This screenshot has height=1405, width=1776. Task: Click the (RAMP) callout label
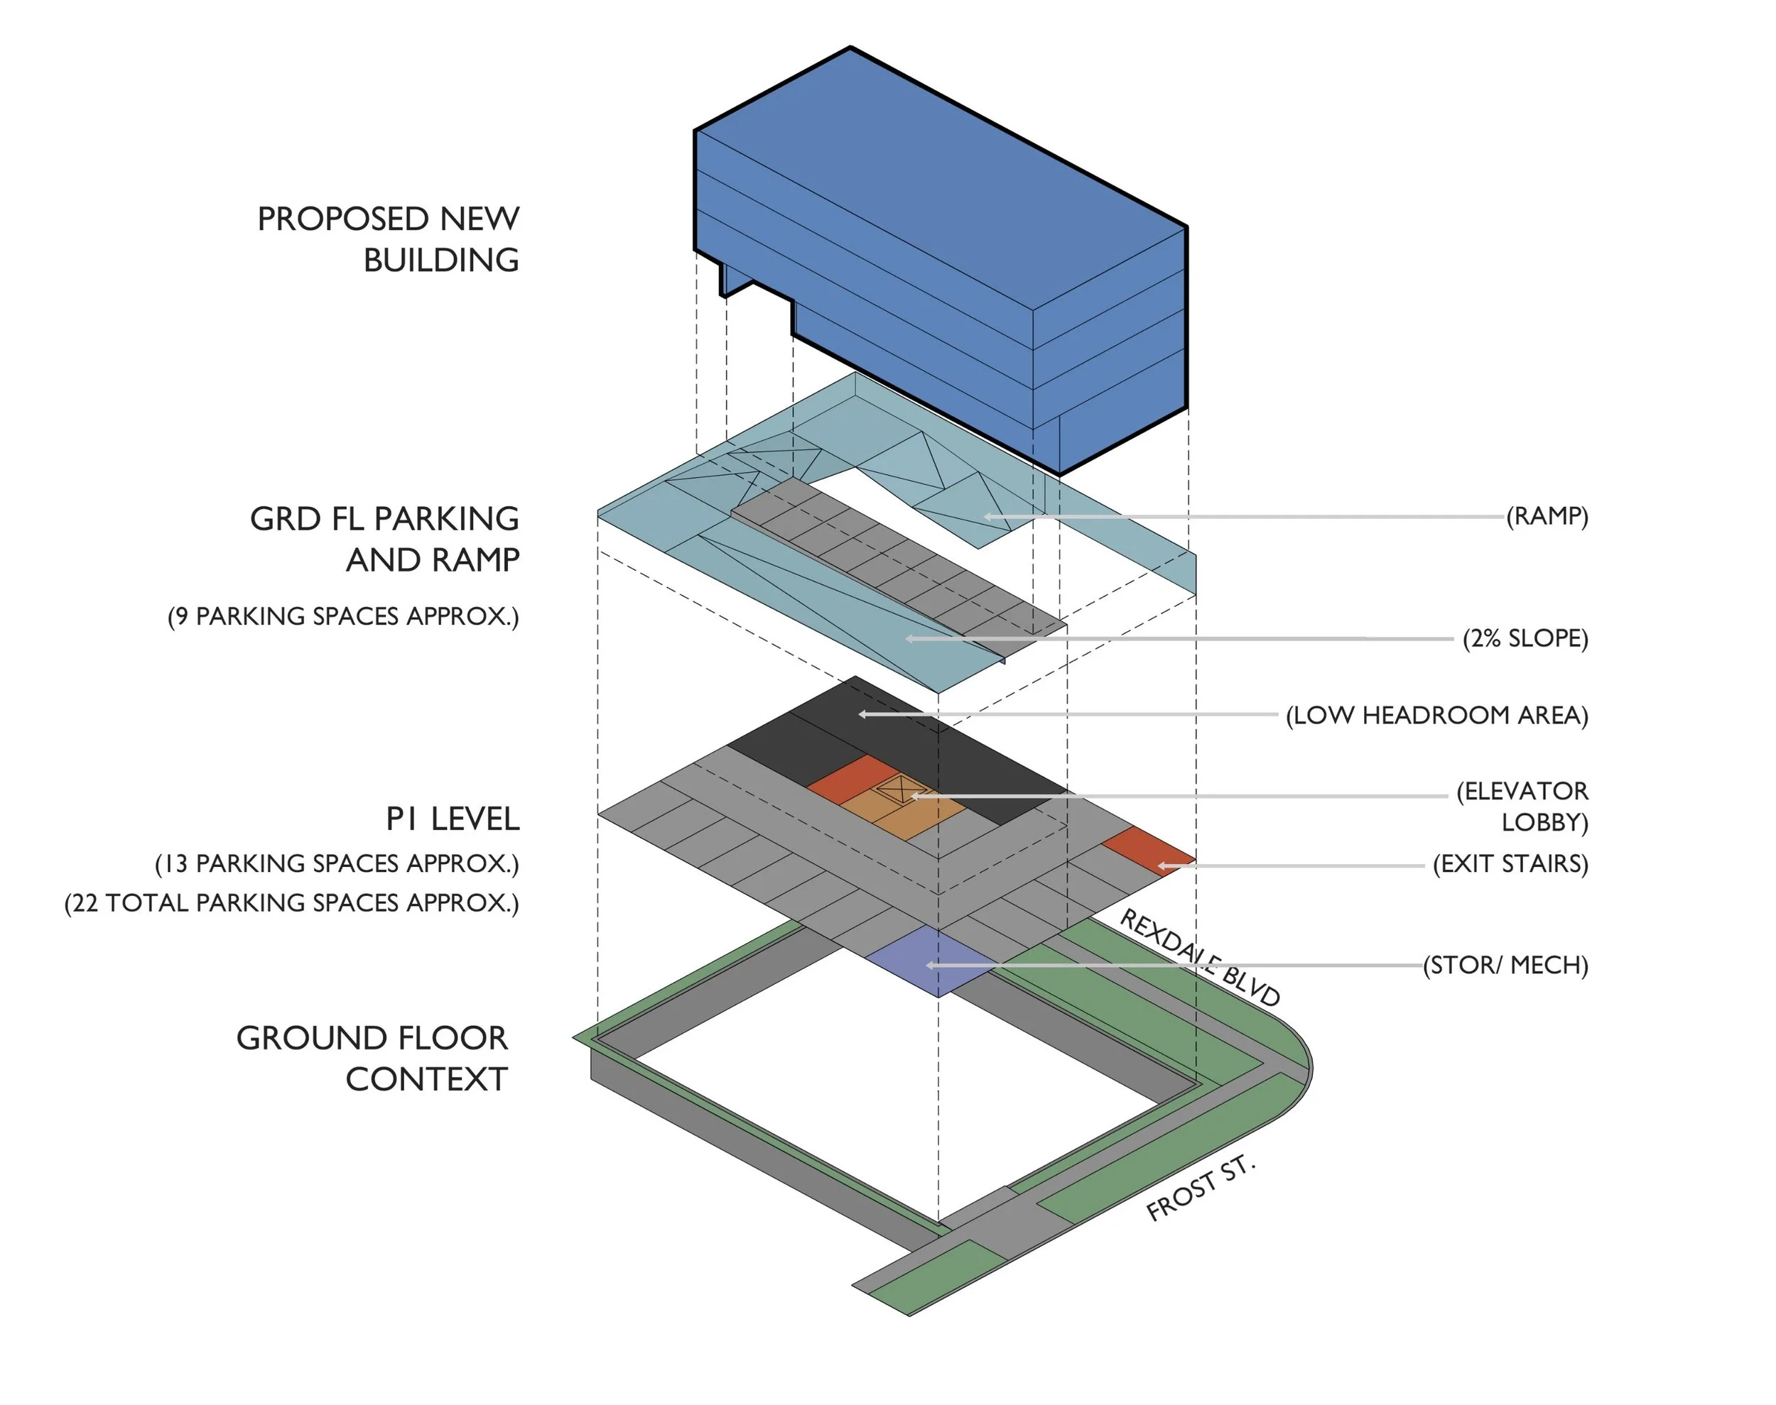(1547, 517)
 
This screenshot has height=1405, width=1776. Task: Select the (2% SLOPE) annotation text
(1525, 638)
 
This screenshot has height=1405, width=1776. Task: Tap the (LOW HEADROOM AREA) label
(1437, 715)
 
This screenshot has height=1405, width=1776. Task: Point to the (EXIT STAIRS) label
(1511, 864)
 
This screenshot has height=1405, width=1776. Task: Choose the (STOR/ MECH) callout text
(1506, 965)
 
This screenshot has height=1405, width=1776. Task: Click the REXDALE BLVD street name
(1200, 958)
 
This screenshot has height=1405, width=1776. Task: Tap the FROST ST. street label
(1201, 1188)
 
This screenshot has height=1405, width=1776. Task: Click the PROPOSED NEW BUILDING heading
(389, 239)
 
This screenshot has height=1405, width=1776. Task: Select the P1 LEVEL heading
(453, 819)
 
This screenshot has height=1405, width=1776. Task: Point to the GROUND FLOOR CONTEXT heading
(372, 1059)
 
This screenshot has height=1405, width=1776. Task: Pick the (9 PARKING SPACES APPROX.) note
(343, 616)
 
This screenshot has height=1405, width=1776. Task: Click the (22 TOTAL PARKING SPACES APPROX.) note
(292, 903)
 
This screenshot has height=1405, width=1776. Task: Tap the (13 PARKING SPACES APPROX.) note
(337, 864)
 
